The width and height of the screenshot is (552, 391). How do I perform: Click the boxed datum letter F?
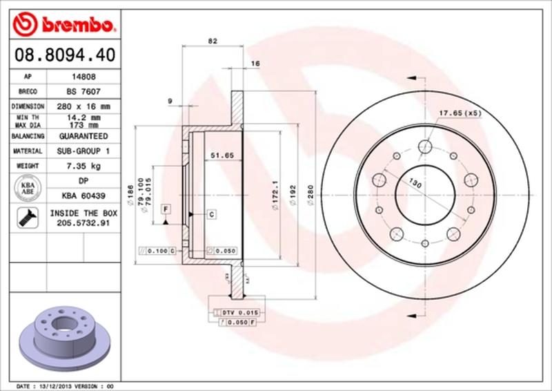[166, 208]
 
